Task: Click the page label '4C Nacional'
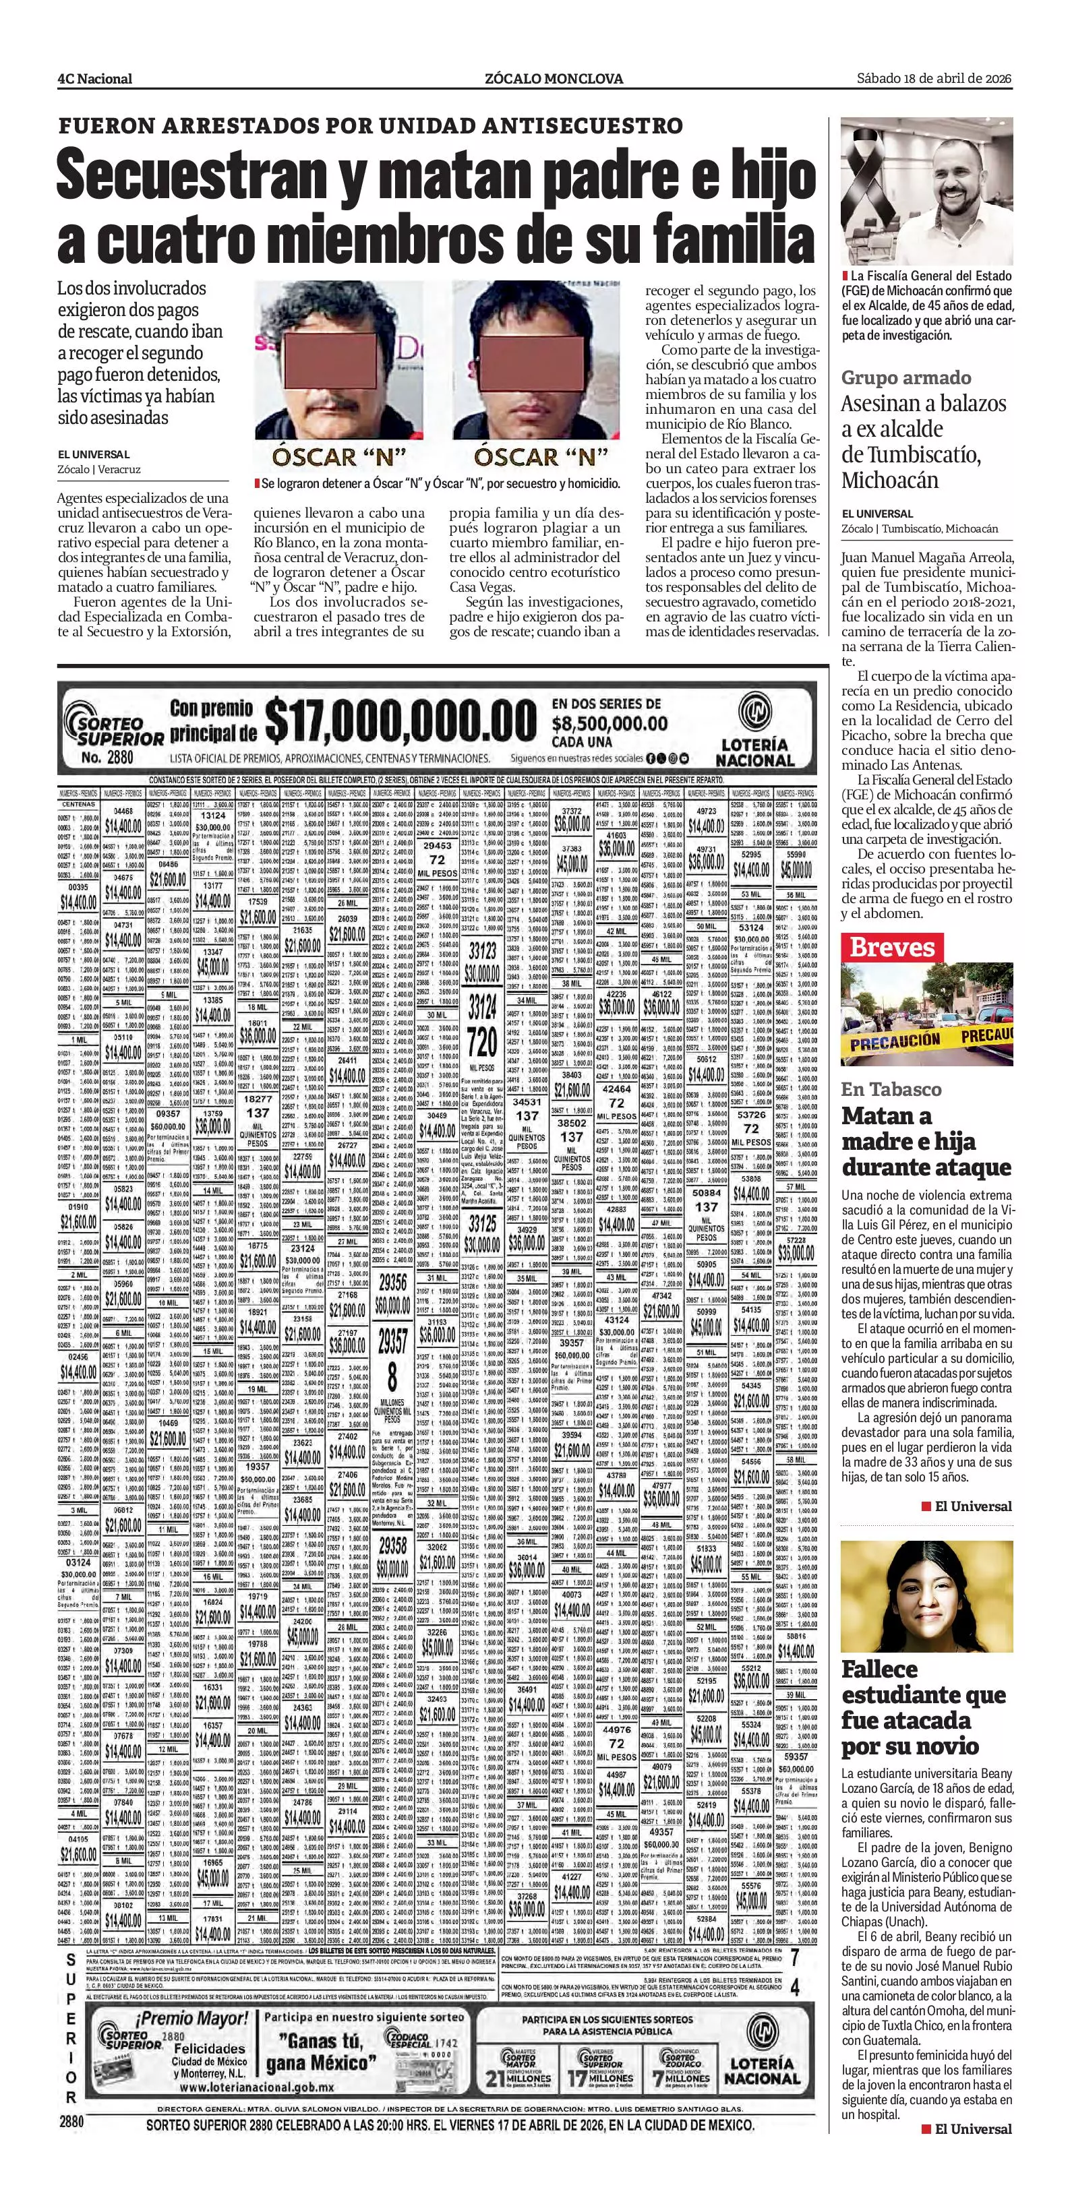94,79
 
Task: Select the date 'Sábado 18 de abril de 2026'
934,78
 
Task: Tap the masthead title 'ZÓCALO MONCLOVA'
553,79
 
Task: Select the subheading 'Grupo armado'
905,378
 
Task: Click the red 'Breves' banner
891,947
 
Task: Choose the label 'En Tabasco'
891,1089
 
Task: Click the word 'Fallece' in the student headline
880,1669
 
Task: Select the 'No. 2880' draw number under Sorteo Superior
108,757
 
